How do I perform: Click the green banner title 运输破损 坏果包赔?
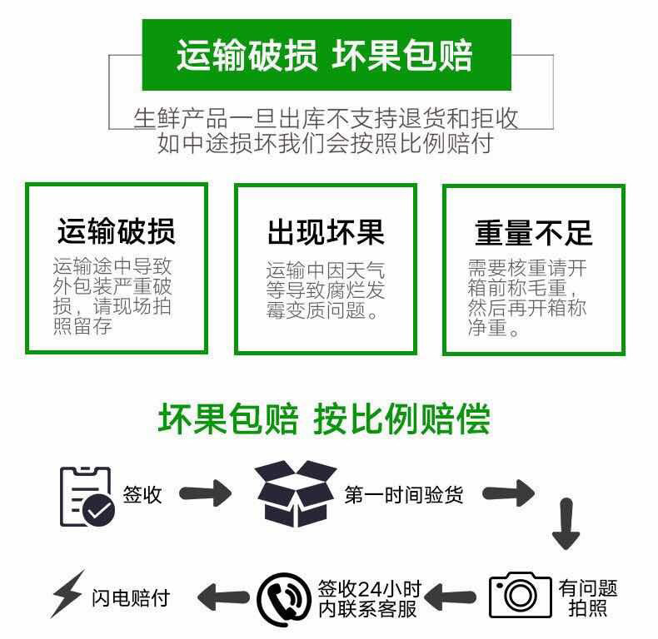coord(324,56)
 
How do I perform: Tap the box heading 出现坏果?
coord(326,232)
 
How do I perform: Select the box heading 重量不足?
coord(534,233)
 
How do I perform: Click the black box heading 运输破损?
coord(117,230)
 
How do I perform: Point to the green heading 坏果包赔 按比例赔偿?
coord(324,419)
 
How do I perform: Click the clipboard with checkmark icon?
coord(87,497)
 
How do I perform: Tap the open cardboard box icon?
coord(297,493)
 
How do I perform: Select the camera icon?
coord(521,595)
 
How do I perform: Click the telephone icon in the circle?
coord(284,599)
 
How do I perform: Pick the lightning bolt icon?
coord(67,594)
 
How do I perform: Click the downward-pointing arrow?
coord(566,524)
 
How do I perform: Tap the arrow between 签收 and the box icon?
coord(205,493)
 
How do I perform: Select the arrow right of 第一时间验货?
coord(508,493)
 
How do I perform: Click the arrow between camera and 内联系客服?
coord(451,597)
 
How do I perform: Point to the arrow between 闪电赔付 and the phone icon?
coord(223,597)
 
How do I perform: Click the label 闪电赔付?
coord(131,597)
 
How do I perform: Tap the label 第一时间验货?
coord(404,495)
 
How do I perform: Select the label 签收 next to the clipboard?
coord(142,495)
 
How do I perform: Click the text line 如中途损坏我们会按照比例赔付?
coord(325,143)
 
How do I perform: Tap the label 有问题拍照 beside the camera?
coord(588,598)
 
